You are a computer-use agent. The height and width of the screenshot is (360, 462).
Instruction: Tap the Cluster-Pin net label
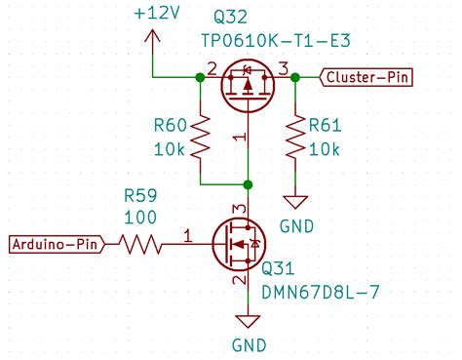click(369, 77)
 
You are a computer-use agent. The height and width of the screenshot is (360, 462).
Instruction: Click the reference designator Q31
click(279, 268)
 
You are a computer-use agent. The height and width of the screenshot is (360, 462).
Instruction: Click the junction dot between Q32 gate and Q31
click(248, 183)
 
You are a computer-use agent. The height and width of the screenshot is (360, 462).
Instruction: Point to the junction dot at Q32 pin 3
click(294, 77)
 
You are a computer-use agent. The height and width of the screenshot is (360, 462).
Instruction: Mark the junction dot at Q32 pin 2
click(200, 77)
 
